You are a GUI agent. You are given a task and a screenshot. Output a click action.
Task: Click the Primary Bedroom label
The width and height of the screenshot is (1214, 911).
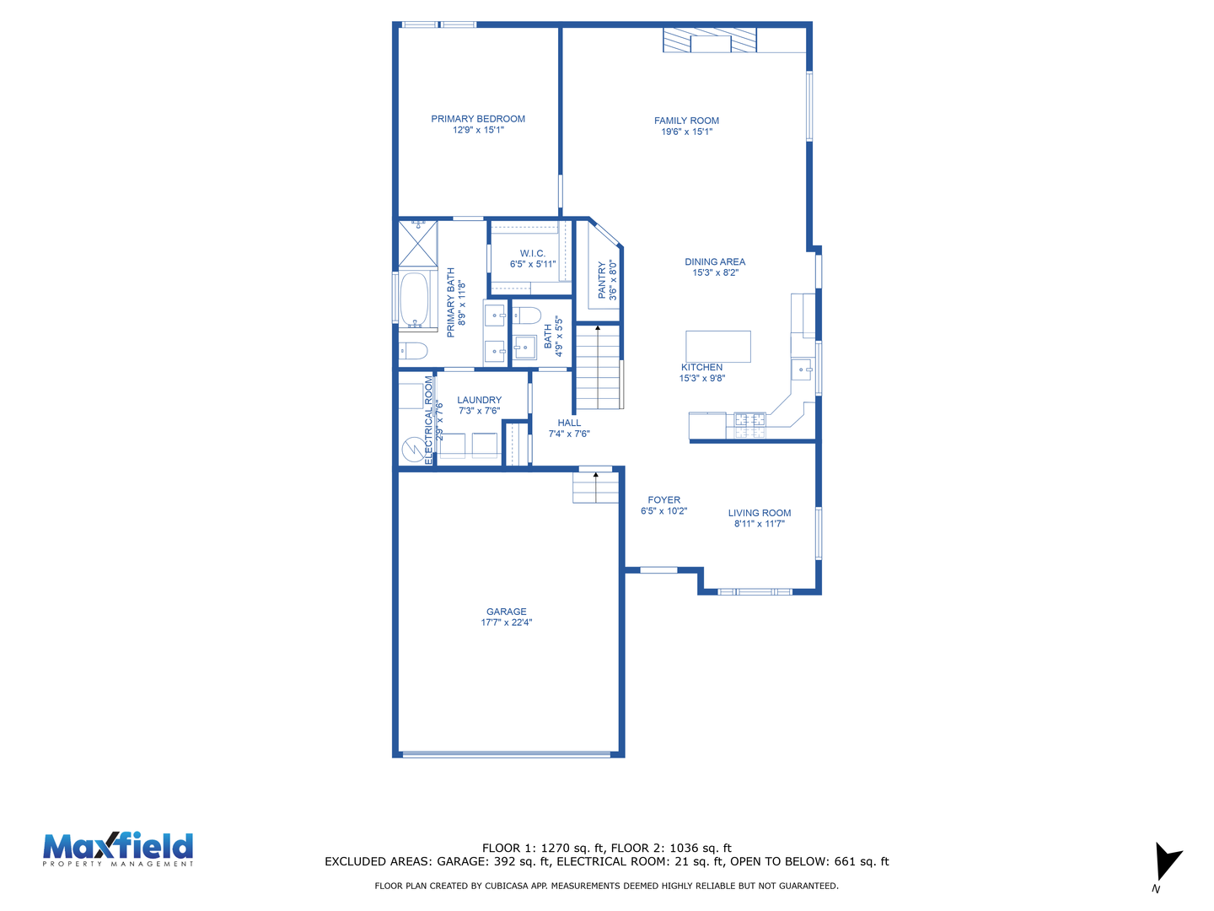[x=477, y=119]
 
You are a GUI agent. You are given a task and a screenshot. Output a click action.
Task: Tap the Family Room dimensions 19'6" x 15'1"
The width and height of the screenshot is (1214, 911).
[x=686, y=132]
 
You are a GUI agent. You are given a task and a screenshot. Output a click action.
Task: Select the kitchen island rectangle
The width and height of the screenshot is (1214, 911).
[x=718, y=346]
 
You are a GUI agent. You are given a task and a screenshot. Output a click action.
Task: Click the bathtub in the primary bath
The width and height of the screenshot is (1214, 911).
[x=414, y=299]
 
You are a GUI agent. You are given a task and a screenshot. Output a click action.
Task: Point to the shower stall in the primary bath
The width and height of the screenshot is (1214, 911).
[x=417, y=244]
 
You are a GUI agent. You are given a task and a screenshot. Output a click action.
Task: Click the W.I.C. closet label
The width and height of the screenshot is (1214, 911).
[x=532, y=253]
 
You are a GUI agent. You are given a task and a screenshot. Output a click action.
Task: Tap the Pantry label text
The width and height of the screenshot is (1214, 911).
[x=602, y=280]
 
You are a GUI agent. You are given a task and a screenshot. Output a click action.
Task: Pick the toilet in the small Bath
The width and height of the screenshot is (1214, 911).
[x=527, y=315]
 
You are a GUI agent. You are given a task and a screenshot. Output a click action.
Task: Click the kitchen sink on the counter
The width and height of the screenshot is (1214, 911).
[x=802, y=369]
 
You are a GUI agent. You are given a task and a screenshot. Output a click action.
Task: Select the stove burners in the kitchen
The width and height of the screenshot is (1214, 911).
[x=749, y=425]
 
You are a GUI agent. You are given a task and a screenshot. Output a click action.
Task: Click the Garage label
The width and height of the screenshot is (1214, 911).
[x=506, y=612]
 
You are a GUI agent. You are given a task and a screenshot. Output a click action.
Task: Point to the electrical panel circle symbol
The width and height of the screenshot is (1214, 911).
[x=412, y=449]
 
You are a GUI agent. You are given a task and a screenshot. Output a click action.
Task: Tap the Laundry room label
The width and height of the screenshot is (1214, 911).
[x=479, y=399]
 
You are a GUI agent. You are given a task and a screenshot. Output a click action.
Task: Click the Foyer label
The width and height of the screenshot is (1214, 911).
[x=663, y=499]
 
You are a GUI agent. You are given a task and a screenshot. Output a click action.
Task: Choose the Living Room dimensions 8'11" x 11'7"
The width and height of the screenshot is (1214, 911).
[x=759, y=523]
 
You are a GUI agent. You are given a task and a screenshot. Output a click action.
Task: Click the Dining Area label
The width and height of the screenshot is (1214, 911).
[x=715, y=261]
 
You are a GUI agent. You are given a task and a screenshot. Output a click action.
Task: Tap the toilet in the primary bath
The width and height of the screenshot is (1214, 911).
[x=413, y=351]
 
